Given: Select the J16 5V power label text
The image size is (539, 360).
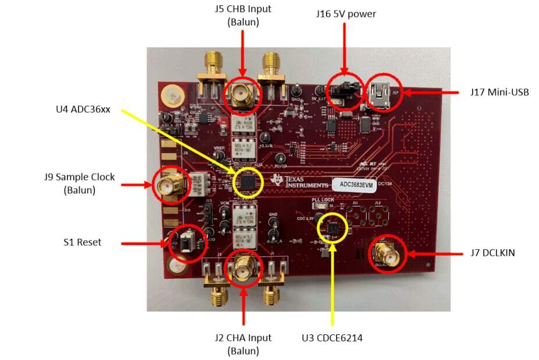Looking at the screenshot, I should pyautogui.click(x=346, y=13).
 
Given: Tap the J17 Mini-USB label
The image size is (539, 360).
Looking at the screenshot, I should pyautogui.click(x=499, y=92).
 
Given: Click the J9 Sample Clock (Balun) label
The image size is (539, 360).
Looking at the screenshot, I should pyautogui.click(x=80, y=182).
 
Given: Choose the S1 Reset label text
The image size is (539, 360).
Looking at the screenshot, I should pyautogui.click(x=82, y=242).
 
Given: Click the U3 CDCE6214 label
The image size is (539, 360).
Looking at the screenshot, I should pyautogui.click(x=332, y=338).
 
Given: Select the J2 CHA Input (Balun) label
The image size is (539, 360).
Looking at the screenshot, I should pyautogui.click(x=243, y=344).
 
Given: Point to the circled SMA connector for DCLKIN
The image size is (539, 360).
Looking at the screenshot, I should pyautogui.click(x=385, y=255).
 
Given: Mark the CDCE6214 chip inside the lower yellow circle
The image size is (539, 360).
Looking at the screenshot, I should pyautogui.click(x=333, y=228).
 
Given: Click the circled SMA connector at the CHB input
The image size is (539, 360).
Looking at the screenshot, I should pyautogui.click(x=240, y=93).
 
